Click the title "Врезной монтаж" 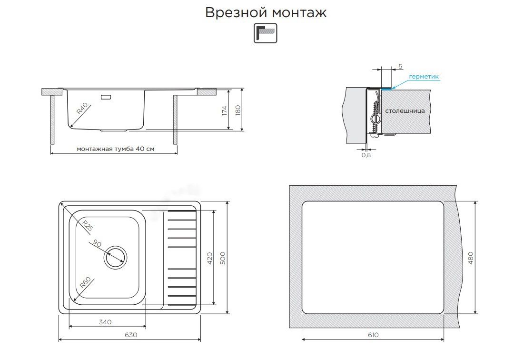click(266, 13)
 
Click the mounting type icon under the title click(265, 34)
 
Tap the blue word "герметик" click(424, 76)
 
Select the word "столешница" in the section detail click(405, 110)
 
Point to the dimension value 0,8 click(366, 155)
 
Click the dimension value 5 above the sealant click(401, 66)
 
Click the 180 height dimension click(238, 110)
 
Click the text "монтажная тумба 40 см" click(116, 149)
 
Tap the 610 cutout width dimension click(373, 335)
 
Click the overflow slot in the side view click(106, 98)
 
